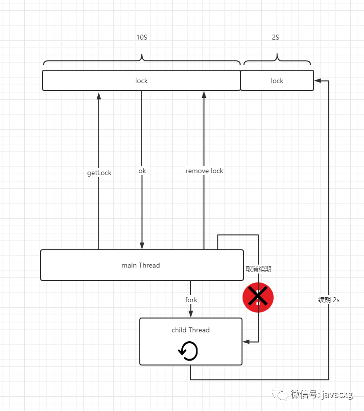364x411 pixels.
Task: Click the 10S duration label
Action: [142, 37]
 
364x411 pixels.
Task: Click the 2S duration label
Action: [276, 37]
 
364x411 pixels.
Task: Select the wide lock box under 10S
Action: [141, 81]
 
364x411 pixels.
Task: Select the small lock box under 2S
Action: [277, 81]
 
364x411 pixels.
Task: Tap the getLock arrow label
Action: [99, 173]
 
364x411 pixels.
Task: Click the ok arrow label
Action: [142, 171]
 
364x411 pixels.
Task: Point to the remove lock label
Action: [204, 171]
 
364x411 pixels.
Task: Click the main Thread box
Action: [142, 265]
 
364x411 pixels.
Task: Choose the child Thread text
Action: [191, 330]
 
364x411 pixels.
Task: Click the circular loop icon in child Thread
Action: [188, 351]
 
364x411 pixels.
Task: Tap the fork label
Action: [191, 300]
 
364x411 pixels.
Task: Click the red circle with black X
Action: [258, 298]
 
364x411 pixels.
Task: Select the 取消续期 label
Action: [258, 269]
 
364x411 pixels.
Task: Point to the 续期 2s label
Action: [328, 300]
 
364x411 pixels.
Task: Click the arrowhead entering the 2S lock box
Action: [318, 81]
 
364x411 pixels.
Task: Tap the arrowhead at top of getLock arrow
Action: [99, 96]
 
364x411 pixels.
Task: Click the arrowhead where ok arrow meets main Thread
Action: [142, 246]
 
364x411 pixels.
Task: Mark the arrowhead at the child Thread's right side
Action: [246, 342]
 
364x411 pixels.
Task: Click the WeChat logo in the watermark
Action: [280, 394]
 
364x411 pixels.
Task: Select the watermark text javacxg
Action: [337, 394]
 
